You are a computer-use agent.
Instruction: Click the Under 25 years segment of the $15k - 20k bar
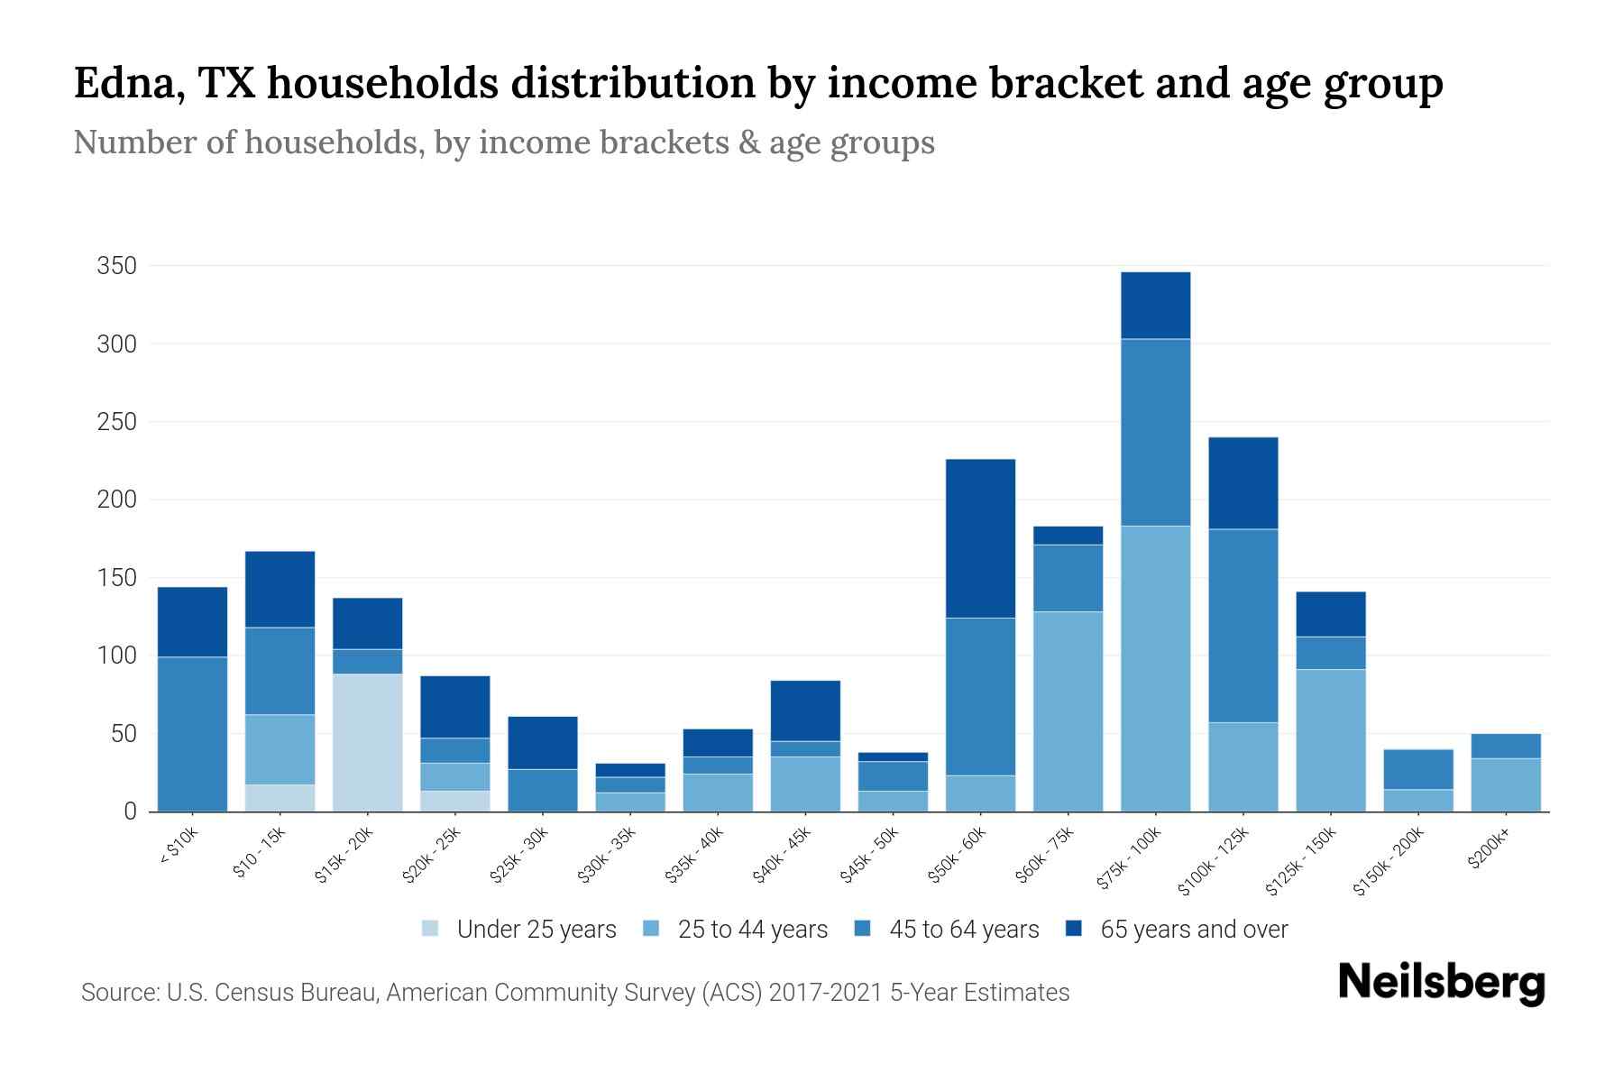click(x=367, y=742)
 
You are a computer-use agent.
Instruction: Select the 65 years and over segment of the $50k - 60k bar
click(x=980, y=538)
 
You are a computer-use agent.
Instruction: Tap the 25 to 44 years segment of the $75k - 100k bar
click(x=1155, y=668)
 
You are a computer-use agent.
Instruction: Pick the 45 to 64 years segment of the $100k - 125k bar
click(x=1242, y=625)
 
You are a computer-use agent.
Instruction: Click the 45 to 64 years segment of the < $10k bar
click(x=192, y=733)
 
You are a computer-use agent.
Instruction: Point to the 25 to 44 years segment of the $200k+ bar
click(x=1505, y=784)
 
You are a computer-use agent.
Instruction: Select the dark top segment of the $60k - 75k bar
click(x=1068, y=536)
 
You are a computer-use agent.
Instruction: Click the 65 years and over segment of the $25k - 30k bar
click(x=542, y=742)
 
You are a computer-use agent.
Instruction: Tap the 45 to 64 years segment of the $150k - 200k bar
click(x=1417, y=769)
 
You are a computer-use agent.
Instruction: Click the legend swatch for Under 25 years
click(x=430, y=929)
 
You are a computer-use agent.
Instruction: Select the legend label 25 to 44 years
click(x=752, y=929)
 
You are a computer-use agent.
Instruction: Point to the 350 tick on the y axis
click(x=117, y=266)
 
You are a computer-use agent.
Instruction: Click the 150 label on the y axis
click(x=117, y=578)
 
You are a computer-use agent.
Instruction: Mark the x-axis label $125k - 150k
click(x=1303, y=861)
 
